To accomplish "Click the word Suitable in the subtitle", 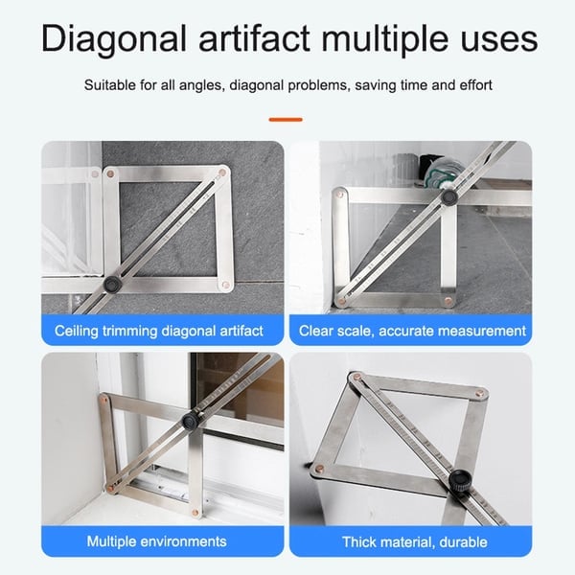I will click(110, 86).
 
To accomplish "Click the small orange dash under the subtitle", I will click(286, 120).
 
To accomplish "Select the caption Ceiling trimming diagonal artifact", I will click(159, 332).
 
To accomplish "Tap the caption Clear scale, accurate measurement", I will click(413, 332).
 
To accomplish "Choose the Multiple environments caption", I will click(159, 542).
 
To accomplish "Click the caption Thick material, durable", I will click(414, 542).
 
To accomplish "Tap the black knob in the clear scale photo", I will click(448, 198).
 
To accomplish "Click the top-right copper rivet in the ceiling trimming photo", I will click(223, 172).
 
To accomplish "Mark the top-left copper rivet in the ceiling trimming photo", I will click(110, 173).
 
